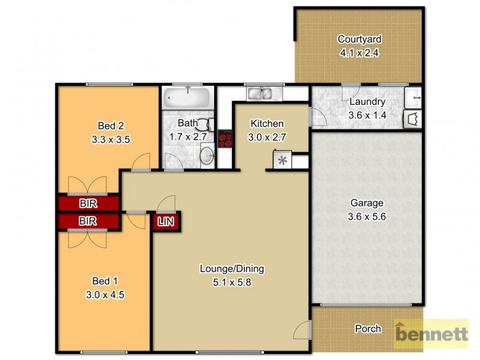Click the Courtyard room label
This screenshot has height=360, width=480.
click(x=359, y=40)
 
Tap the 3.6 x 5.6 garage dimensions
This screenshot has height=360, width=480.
click(x=366, y=217)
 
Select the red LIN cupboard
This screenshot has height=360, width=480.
click(x=166, y=221)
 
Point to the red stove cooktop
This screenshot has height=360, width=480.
click(x=226, y=139)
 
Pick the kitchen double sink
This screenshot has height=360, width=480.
click(x=259, y=94)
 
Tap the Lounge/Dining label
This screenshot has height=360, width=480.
click(x=232, y=268)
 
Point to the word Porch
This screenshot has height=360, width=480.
click(x=368, y=329)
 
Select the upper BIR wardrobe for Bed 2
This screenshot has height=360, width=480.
click(x=88, y=203)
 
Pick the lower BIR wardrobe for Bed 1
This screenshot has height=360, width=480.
click(x=88, y=221)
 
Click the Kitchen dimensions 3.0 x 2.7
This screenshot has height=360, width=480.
click(x=266, y=137)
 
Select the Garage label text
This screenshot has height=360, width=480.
click(x=366, y=203)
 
